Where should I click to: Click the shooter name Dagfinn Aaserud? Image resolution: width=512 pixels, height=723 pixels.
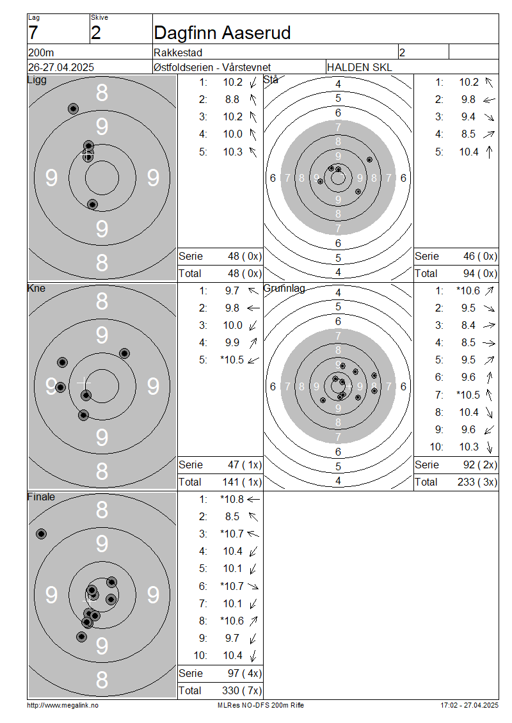click(x=222, y=33)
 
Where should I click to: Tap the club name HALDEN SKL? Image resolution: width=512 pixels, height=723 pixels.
click(x=359, y=67)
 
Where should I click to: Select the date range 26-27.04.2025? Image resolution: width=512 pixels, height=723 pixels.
click(x=61, y=67)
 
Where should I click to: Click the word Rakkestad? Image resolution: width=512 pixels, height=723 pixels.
click(x=178, y=52)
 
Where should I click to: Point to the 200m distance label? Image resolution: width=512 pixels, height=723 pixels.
click(x=41, y=52)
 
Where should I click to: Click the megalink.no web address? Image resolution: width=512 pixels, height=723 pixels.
click(x=63, y=705)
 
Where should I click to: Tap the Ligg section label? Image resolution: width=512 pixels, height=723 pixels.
click(x=37, y=80)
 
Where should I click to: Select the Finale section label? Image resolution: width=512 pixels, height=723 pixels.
click(x=41, y=497)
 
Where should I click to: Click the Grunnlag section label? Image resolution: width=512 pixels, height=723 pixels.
click(x=284, y=289)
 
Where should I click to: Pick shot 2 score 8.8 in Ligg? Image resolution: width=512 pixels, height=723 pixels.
click(x=232, y=100)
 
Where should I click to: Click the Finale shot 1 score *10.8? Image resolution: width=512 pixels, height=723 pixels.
click(x=232, y=499)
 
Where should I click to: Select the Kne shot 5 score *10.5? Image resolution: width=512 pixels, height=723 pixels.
click(x=232, y=360)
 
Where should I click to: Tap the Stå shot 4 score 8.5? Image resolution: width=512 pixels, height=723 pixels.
click(x=468, y=134)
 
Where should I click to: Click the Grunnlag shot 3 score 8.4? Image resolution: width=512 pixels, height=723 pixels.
click(x=468, y=326)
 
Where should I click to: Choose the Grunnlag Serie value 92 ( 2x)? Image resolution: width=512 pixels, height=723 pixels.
click(x=480, y=465)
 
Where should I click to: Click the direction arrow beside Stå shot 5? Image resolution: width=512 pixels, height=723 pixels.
click(x=490, y=152)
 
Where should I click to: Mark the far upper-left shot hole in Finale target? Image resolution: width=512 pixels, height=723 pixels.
click(x=42, y=534)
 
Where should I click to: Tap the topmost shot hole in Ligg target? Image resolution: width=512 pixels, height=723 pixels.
click(x=73, y=109)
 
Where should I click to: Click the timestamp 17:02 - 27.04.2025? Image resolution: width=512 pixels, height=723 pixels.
click(x=470, y=705)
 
